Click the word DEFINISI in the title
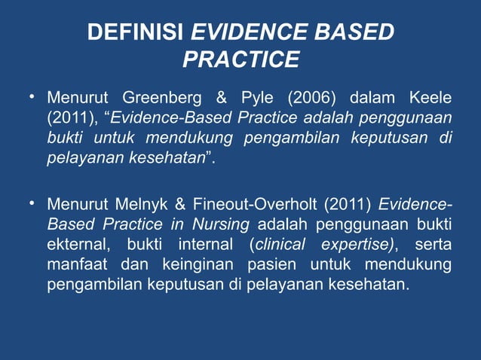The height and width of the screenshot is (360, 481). pyautogui.click(x=136, y=33)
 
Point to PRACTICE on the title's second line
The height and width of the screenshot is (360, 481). pyautogui.click(x=240, y=59)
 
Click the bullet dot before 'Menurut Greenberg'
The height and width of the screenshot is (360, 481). pyautogui.click(x=32, y=97)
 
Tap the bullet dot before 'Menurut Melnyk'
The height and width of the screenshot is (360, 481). pyautogui.click(x=32, y=203)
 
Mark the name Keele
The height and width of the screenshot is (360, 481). pyautogui.click(x=430, y=99)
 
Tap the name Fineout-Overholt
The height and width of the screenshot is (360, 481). pyautogui.click(x=249, y=204)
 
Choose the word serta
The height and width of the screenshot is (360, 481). pyautogui.click(x=433, y=245)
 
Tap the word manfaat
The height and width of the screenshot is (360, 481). pyautogui.click(x=76, y=265)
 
